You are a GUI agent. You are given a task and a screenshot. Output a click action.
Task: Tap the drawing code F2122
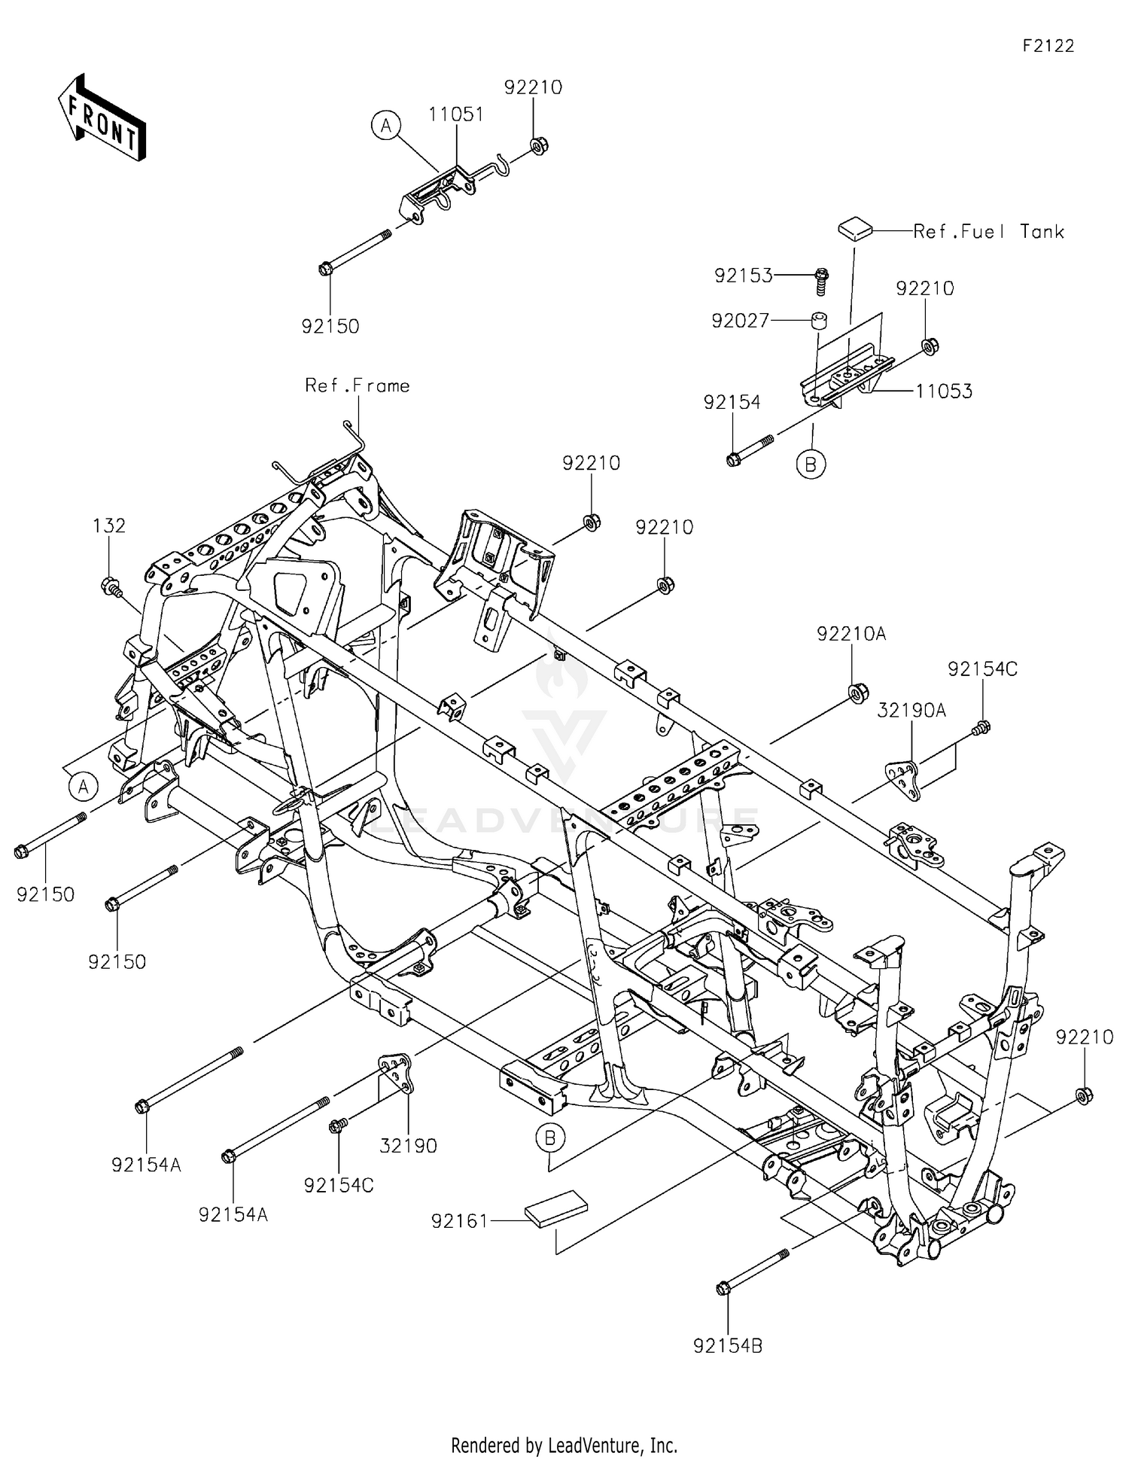click(x=1048, y=46)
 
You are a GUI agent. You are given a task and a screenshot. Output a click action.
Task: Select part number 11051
click(x=456, y=114)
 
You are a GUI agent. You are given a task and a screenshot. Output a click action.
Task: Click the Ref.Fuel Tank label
click(x=988, y=232)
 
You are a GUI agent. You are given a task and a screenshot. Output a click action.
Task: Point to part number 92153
click(x=743, y=276)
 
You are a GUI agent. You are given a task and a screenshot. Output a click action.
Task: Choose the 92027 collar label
click(x=741, y=321)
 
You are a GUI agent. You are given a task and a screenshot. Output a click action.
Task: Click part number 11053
click(x=944, y=391)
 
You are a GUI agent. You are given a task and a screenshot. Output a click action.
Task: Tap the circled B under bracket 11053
click(x=811, y=465)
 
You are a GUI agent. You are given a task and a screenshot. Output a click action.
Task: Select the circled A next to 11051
click(x=386, y=126)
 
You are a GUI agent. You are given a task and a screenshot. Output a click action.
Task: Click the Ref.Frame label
click(x=358, y=386)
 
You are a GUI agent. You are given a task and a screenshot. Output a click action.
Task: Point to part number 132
click(x=109, y=525)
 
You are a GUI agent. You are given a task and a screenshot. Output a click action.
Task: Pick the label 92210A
click(x=851, y=635)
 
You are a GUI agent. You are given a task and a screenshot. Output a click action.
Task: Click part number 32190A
click(x=911, y=710)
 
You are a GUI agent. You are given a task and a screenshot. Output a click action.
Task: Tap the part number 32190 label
click(x=408, y=1146)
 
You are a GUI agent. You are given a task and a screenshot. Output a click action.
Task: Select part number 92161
click(x=460, y=1221)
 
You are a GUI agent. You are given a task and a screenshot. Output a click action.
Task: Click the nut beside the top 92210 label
click(x=539, y=145)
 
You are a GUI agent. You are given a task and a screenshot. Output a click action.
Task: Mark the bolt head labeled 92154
click(x=734, y=459)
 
